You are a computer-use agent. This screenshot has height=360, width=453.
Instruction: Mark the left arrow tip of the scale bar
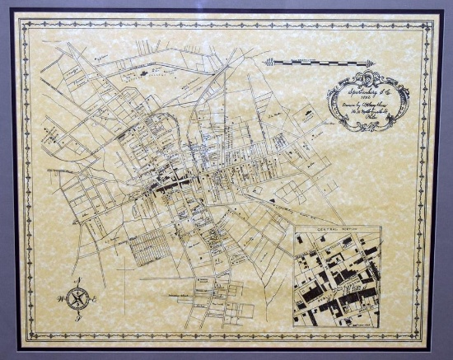pyautogui.click(x=264, y=62)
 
